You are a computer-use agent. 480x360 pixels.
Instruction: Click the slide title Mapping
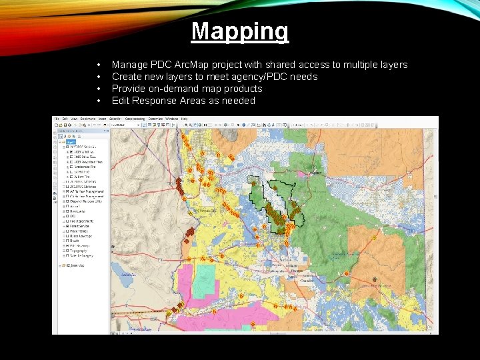(240, 31)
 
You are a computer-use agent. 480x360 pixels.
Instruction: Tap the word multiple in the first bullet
(352, 65)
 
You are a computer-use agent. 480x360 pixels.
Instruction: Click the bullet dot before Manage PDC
(98, 65)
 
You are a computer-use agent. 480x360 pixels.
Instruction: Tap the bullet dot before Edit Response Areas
(98, 101)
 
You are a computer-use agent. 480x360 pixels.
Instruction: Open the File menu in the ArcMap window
(57, 119)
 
